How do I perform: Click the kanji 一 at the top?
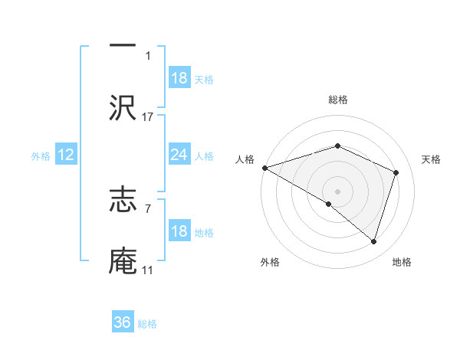click(123, 44)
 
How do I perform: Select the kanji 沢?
click(123, 106)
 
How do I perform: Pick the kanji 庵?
click(123, 261)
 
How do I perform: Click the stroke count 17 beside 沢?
click(148, 116)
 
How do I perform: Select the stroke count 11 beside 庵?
click(148, 270)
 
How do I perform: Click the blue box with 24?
click(179, 155)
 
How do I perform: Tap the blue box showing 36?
click(123, 322)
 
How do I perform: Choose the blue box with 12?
click(66, 155)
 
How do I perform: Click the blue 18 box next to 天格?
click(179, 79)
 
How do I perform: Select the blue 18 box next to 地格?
click(179, 231)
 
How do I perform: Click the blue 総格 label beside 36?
click(148, 324)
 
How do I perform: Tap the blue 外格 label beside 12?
click(41, 155)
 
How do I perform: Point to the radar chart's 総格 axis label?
click(337, 100)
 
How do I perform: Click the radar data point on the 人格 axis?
click(264, 167)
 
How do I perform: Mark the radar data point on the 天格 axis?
click(396, 172)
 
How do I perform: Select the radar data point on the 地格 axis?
click(373, 241)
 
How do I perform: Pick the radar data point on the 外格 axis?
click(329, 204)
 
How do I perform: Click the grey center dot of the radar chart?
click(337, 191)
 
